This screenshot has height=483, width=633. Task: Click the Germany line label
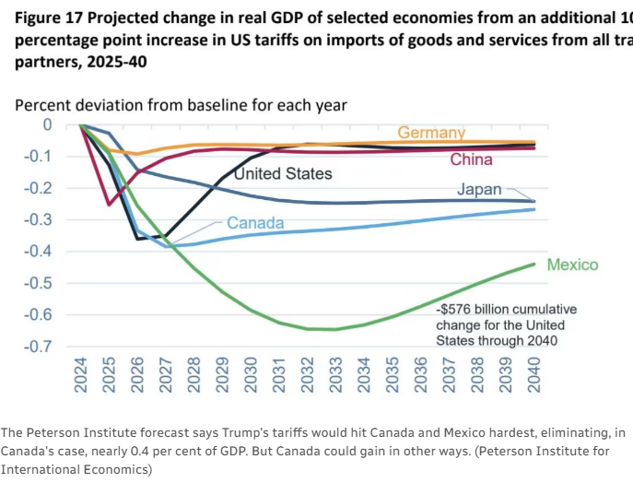(431, 133)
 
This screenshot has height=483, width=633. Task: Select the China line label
(471, 159)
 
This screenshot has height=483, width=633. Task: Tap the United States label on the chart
(283, 172)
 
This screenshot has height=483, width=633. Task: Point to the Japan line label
(480, 190)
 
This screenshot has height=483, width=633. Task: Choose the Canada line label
(255, 223)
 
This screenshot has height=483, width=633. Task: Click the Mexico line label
(572, 265)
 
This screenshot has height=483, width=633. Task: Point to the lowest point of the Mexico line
(334, 329)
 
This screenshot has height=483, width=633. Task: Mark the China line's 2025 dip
(109, 205)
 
